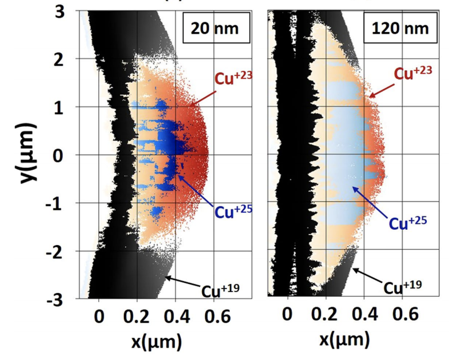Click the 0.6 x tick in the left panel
tap(214, 315)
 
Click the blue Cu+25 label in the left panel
tap(234, 212)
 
